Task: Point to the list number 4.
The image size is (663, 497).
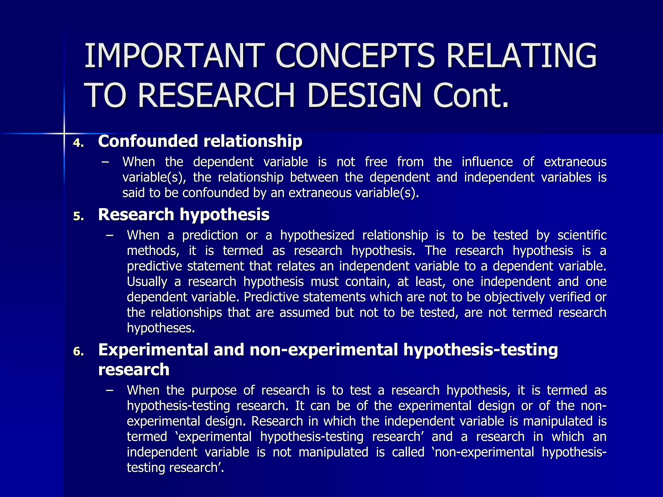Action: click(x=78, y=143)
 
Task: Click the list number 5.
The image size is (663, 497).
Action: click(x=78, y=216)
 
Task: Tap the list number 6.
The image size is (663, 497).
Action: click(x=78, y=352)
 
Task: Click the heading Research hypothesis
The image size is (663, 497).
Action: click(x=184, y=215)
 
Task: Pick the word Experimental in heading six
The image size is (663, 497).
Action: click(x=153, y=350)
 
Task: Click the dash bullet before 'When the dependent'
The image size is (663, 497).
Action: click(x=105, y=162)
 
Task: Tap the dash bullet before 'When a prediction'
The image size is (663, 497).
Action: click(x=109, y=235)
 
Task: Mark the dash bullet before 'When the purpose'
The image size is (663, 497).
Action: click(x=109, y=390)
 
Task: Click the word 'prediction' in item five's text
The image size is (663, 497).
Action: click(x=210, y=235)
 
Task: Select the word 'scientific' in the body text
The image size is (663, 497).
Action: click(x=582, y=235)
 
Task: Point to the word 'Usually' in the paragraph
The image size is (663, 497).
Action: click(x=147, y=282)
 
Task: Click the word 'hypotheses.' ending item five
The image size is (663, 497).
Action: click(x=161, y=328)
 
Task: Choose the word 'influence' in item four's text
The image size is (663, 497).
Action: click(x=487, y=162)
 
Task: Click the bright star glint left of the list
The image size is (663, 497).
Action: click(x=64, y=133)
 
